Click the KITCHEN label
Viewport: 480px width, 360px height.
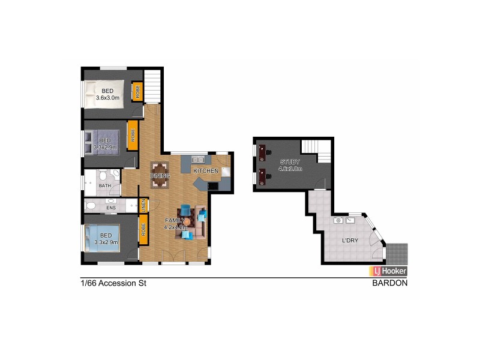206,171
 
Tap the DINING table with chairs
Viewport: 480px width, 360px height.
161,175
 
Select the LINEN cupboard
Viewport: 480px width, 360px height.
143,205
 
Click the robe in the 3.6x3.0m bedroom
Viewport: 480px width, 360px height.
137,91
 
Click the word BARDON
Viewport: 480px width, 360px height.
390,283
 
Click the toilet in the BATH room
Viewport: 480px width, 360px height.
103,177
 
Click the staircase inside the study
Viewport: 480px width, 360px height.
317,149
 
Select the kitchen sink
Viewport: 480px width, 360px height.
199,160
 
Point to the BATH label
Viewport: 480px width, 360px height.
105,186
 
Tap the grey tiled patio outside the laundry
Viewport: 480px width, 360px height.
397,251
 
